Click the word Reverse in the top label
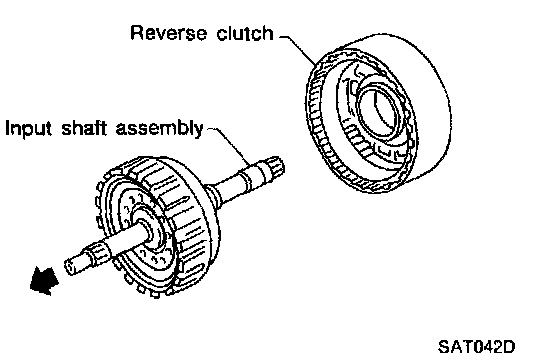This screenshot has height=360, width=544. tap(169, 33)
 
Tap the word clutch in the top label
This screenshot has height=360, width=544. tap(245, 33)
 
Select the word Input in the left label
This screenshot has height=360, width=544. tap(29, 129)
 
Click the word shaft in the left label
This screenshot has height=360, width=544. tap(84, 128)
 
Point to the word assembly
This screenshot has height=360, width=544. tap(159, 129)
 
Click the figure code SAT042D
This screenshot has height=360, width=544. tap(477, 346)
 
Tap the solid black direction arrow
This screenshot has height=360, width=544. tap(43, 281)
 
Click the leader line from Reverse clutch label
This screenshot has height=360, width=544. tap(299, 49)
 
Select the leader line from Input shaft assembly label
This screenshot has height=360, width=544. tap(230, 144)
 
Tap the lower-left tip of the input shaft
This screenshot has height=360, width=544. tap(70, 267)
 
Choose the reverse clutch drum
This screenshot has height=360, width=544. tap(378, 113)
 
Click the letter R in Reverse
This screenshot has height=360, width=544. tap(137, 33)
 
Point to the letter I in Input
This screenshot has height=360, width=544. tap(7, 128)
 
